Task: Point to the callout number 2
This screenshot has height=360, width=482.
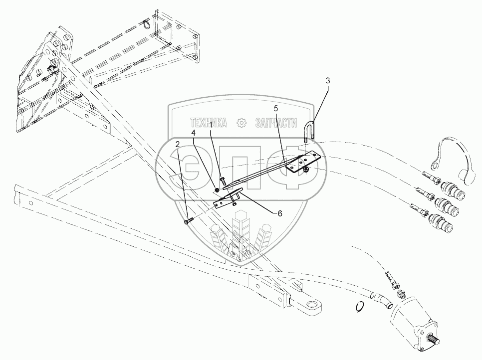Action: tap(178, 144)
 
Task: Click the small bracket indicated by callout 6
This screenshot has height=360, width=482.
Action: tap(228, 199)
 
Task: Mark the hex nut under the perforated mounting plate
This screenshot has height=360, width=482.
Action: tap(305, 171)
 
